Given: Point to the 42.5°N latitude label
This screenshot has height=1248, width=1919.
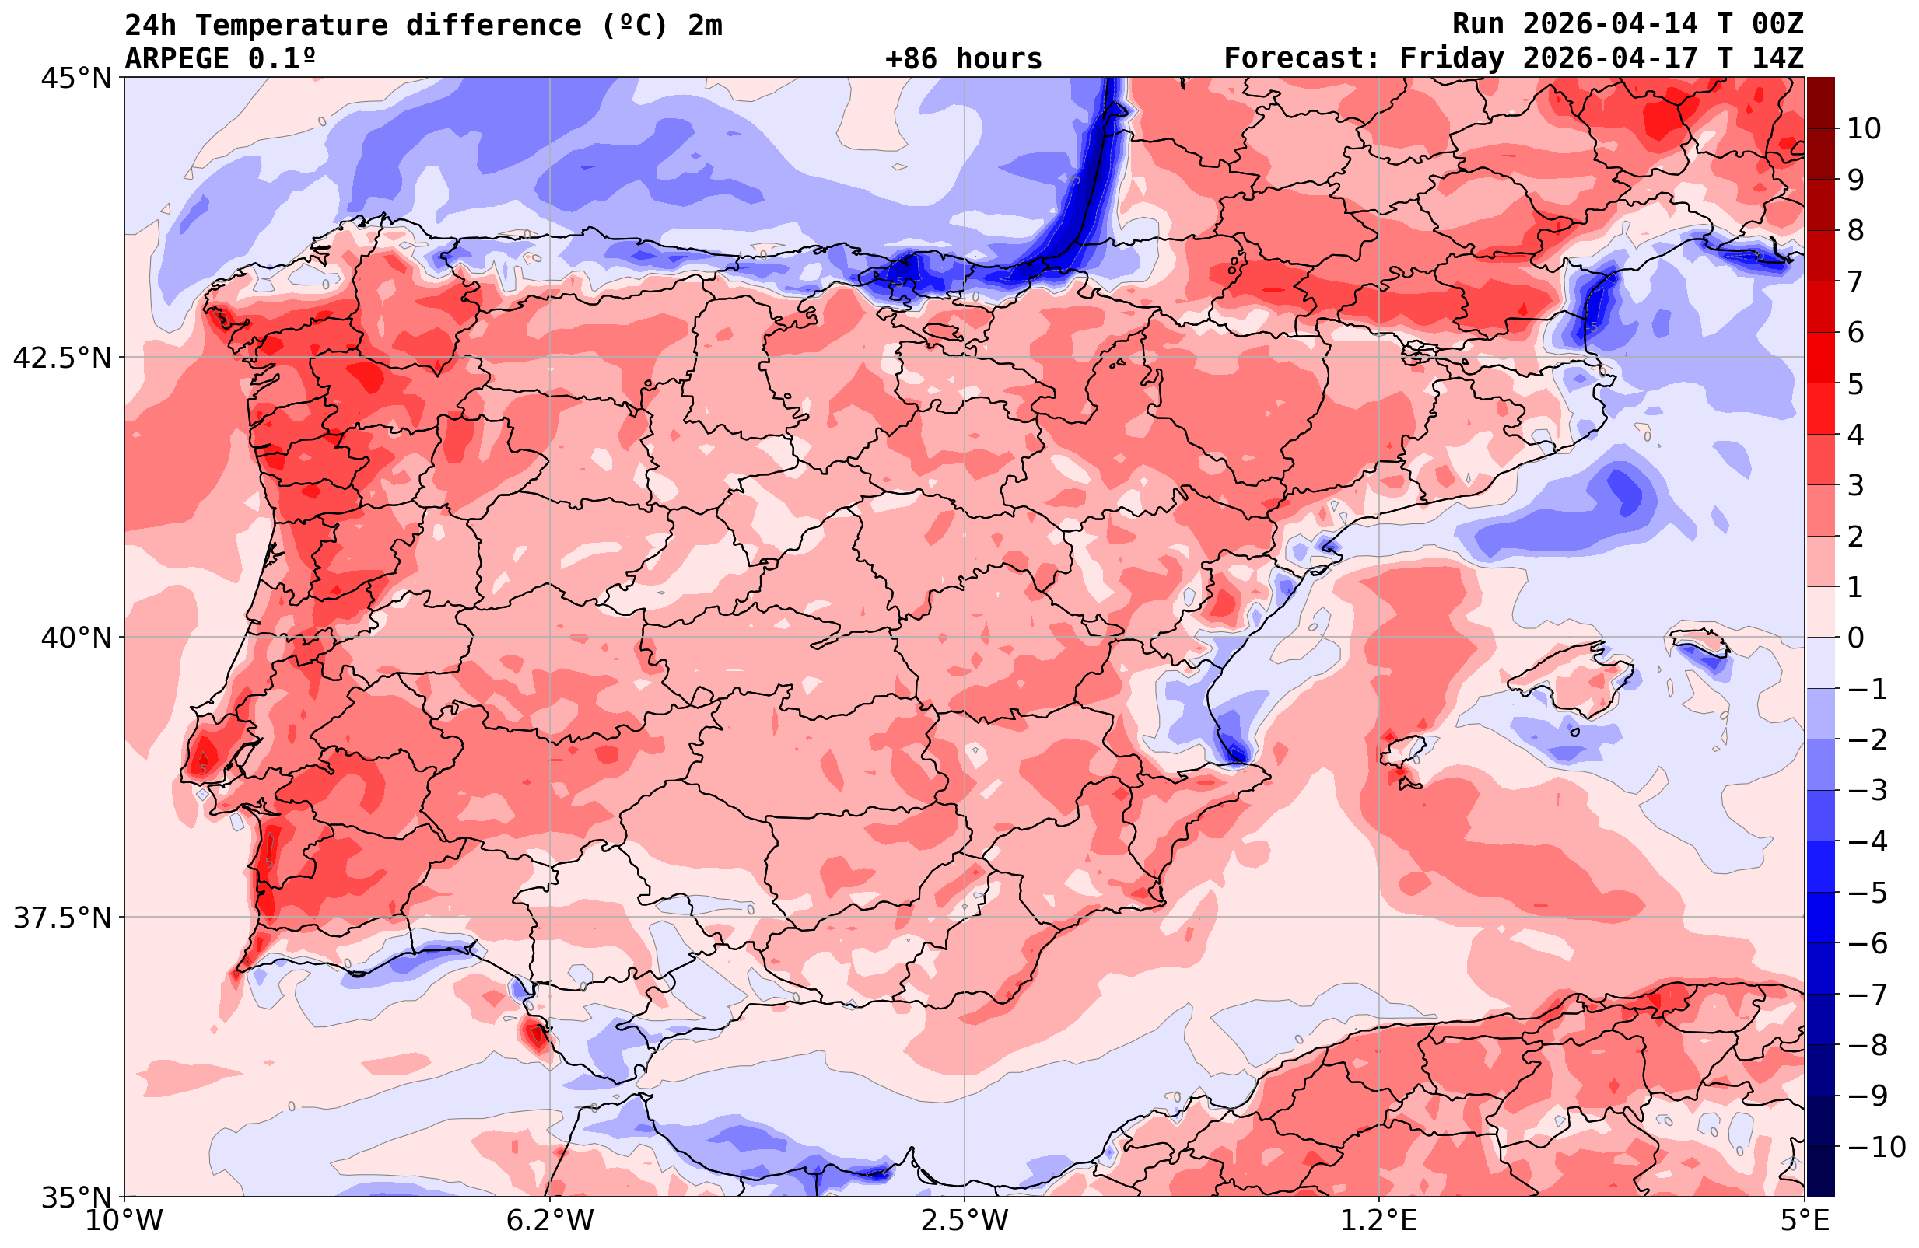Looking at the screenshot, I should click(x=62, y=358).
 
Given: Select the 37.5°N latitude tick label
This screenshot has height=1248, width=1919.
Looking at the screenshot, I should click(x=62, y=918).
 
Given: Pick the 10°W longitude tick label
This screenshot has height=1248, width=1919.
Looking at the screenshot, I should click(x=124, y=1221).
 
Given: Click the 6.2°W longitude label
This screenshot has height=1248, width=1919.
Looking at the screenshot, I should click(x=550, y=1221).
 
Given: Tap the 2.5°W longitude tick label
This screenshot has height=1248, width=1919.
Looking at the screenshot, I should click(x=965, y=1221).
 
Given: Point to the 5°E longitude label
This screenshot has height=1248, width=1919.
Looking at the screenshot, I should click(x=1805, y=1221).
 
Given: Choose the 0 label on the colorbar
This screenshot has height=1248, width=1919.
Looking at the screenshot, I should click(x=1855, y=638).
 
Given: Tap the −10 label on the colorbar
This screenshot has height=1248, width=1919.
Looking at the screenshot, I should click(x=1875, y=1146).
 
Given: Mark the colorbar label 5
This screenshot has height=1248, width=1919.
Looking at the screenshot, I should click(x=1855, y=385).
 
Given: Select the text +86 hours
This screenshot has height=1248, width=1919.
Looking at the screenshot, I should click(x=964, y=59).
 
